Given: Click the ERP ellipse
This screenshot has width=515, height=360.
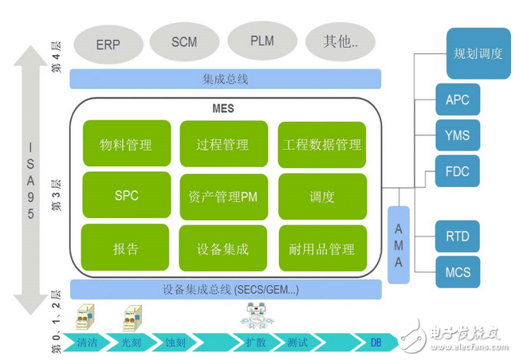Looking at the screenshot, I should pos(108,45).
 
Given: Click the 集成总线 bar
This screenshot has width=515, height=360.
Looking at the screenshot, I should pos(226,78).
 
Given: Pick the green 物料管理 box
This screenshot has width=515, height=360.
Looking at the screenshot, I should pos(126,144).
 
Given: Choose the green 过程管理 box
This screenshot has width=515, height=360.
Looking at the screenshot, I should pos(222,144).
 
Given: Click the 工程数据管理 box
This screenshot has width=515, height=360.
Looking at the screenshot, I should pos(321,144).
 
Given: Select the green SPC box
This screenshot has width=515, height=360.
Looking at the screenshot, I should pos(126,195).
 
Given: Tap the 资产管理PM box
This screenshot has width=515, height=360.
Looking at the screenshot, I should pos(222,196).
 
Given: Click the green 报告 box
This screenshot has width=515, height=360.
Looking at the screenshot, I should pos(126,248).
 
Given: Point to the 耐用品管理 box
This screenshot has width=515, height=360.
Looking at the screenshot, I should pos(321,248).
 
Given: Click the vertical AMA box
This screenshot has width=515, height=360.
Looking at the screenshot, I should pos(399,244).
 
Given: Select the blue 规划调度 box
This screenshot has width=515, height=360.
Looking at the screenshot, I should pos(478,53).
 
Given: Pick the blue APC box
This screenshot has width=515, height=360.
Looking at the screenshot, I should pos(458,100).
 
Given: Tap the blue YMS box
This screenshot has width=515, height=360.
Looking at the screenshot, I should pos(458,135).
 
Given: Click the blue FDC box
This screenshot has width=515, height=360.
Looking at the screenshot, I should pos(458,171).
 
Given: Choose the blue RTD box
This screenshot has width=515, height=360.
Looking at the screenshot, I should pos(458,237).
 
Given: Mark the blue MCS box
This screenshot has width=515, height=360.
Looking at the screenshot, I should pos(458,272).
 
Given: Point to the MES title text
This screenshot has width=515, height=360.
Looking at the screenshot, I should pos(225,108).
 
